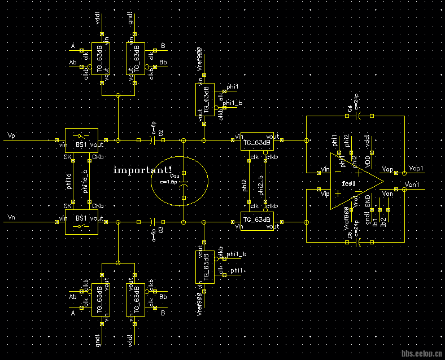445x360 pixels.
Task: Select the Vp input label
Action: [x=12, y=136]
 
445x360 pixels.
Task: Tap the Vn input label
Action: [x=12, y=217]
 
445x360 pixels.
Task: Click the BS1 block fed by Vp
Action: [x=82, y=140]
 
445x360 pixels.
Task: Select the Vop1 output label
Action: [x=416, y=169]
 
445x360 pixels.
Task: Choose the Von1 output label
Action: [x=413, y=185]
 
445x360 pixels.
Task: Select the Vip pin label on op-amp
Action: [x=325, y=194]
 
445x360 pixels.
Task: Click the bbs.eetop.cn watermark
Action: [x=421, y=354]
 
